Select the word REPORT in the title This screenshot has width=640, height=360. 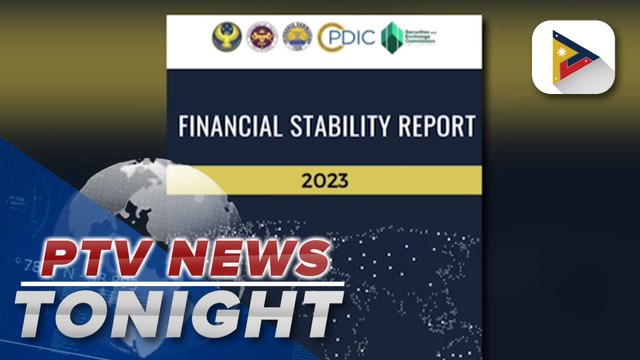(437, 129)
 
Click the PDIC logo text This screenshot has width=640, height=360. (350, 38)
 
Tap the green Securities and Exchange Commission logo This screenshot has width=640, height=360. (397, 38)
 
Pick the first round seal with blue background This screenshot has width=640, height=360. (226, 38)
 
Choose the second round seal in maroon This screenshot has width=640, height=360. (261, 38)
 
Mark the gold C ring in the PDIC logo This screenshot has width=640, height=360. (329, 38)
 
